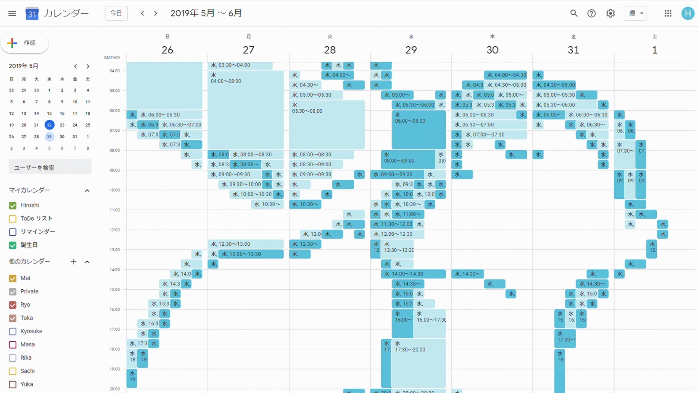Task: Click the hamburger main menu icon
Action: coord(12,13)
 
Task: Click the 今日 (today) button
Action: coord(116,13)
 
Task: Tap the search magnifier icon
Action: coord(574,13)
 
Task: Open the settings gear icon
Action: coord(611,13)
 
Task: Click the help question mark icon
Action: coord(592,13)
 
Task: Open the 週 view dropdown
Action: coord(635,13)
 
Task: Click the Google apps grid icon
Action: coord(668,13)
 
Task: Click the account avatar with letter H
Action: coord(687,13)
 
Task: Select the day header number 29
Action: coord(411,50)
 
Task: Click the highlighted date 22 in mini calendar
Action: coord(50,125)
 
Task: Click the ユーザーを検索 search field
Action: coord(50,168)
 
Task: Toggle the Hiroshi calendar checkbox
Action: coord(13,206)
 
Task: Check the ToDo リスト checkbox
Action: coord(13,219)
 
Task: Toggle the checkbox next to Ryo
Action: coord(13,305)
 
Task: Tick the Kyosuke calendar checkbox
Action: coord(13,332)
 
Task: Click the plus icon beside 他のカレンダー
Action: coord(74,262)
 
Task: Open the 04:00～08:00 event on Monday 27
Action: coord(246,109)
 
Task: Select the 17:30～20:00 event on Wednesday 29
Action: coord(419,364)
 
